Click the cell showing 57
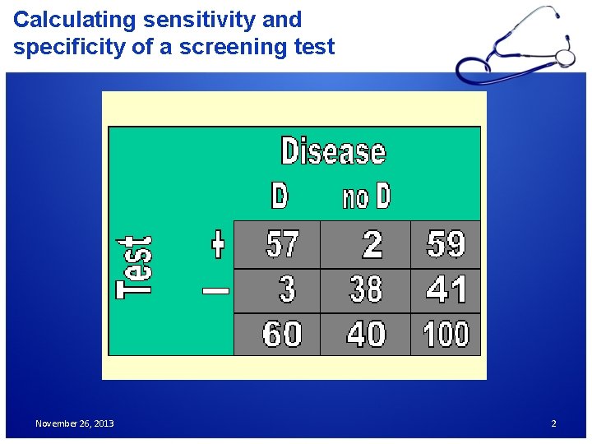(x=283, y=244)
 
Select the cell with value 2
(x=372, y=244)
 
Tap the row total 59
(x=446, y=244)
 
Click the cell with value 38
(x=366, y=289)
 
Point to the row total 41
(x=446, y=289)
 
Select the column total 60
(x=282, y=335)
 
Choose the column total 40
(x=366, y=335)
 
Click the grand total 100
(x=446, y=335)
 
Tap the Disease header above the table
(x=333, y=152)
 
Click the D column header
(x=280, y=197)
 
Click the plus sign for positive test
(x=217, y=244)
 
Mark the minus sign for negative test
(x=216, y=289)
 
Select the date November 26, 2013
(x=75, y=423)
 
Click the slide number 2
(x=553, y=423)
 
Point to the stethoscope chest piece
(x=565, y=57)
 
